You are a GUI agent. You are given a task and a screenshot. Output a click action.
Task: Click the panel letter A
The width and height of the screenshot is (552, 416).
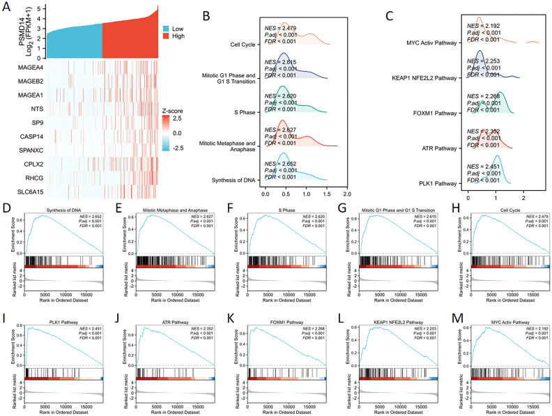[x=6, y=6]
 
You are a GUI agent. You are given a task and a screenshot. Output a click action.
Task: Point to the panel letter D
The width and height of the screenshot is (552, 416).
[x=6, y=209]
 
